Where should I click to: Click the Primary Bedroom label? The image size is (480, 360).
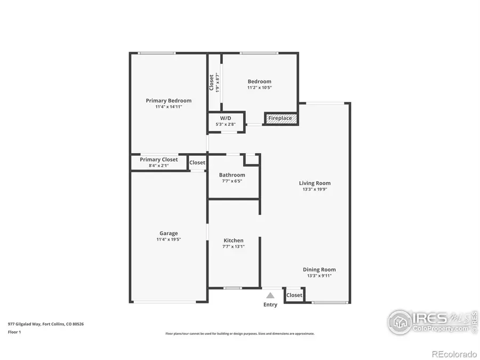coord(169,100)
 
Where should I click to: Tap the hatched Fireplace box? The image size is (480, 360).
coord(281,118)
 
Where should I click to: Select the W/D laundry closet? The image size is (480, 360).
coord(226,121)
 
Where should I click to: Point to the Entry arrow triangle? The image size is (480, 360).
coord(270,295)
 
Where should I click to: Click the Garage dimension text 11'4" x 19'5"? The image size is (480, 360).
coord(169,239)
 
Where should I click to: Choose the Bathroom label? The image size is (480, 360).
coord(232,175)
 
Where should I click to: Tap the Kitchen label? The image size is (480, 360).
coord(233,241)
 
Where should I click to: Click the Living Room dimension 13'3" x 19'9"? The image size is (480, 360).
coord(315,189)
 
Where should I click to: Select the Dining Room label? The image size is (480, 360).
coord(319,269)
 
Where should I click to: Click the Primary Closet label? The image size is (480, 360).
coord(159,159)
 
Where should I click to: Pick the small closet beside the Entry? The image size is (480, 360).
coord(294,295)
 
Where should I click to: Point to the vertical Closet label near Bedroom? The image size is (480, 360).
coord(211,82)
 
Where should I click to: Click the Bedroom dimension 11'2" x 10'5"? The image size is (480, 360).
coord(259,87)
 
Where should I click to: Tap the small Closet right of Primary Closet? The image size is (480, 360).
coord(197,163)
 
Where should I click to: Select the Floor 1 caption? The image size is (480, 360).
coord(14,331)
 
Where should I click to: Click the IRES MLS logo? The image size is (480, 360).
coord(432,322)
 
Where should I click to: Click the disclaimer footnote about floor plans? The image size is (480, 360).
coord(239,333)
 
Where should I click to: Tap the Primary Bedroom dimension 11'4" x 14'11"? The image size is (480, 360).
coord(169,107)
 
